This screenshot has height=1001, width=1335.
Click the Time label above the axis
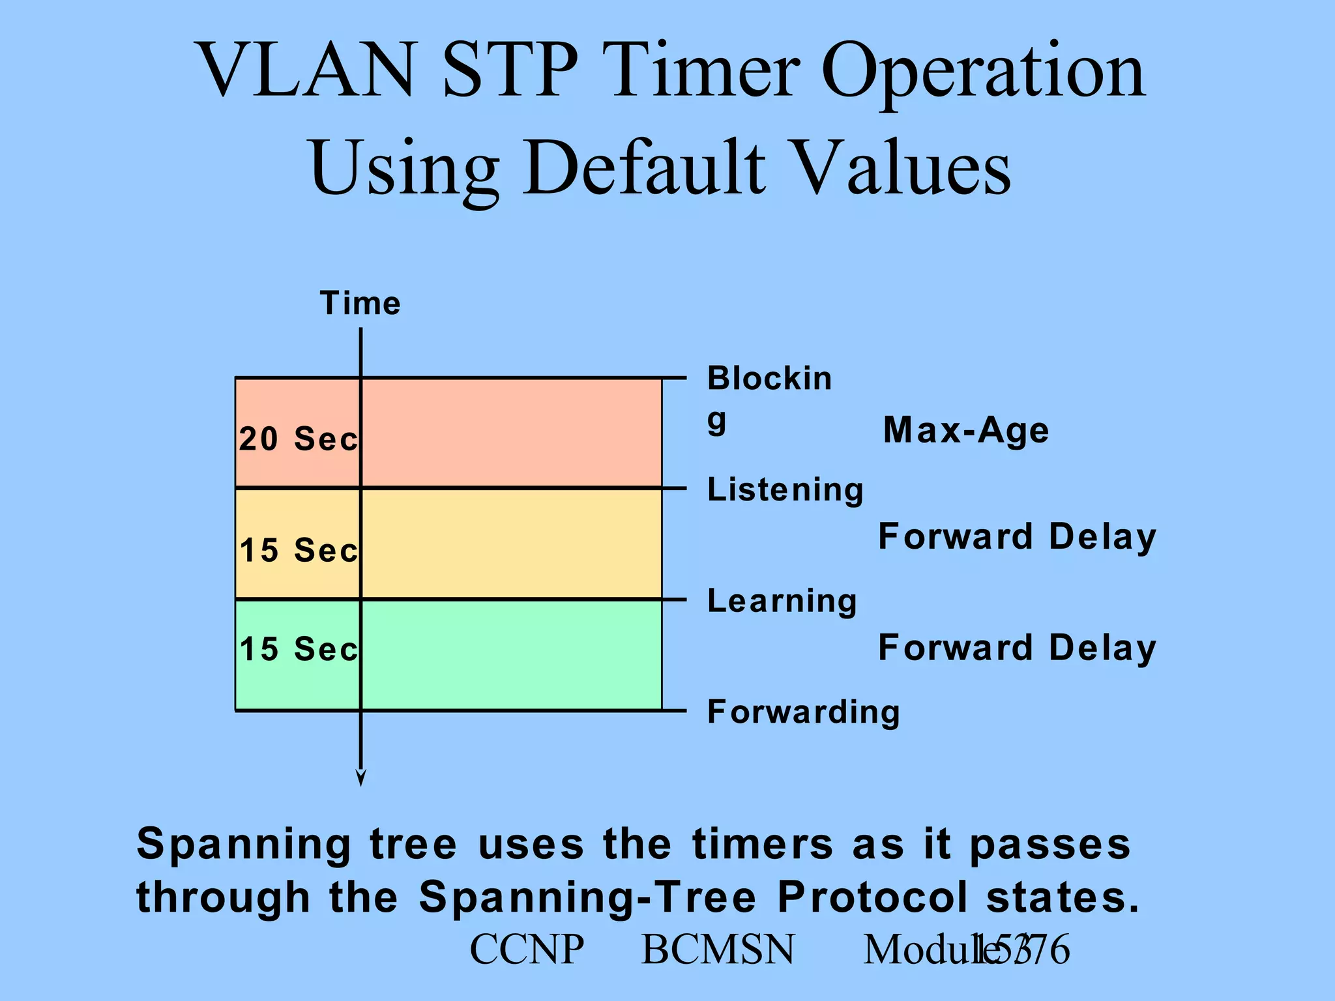coord(360,304)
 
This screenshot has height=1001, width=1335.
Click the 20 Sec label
coord(299,439)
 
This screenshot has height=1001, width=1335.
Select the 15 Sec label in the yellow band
coord(299,550)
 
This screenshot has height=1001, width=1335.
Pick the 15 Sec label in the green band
coord(299,649)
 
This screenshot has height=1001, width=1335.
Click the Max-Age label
coord(965,431)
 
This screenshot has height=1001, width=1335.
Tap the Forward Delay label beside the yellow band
coord(1017,537)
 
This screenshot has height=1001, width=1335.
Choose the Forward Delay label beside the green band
coord(1017,648)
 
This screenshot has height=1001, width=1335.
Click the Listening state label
coord(785,490)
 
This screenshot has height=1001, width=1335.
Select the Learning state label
coord(782,601)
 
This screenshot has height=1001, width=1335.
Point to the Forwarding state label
coord(803,712)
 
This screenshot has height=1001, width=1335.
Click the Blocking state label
coord(769,394)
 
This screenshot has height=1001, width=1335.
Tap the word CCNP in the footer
coord(527,950)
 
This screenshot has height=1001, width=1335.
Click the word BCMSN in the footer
coord(718,950)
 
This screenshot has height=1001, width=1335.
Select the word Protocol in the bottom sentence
coord(872,897)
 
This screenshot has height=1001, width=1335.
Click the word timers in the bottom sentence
coord(763,845)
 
